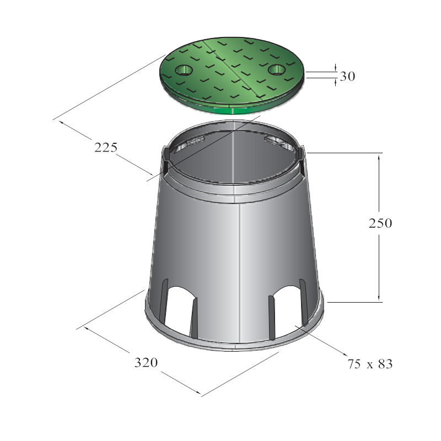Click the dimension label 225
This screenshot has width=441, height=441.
click(106, 148)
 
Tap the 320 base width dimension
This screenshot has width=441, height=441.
click(146, 363)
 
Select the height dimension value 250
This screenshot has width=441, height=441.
click(380, 223)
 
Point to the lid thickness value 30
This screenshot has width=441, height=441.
click(348, 76)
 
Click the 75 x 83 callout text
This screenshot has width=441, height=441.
click(370, 364)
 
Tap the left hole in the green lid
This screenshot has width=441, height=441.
click(184, 70)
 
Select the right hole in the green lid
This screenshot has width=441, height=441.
click(277, 69)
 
